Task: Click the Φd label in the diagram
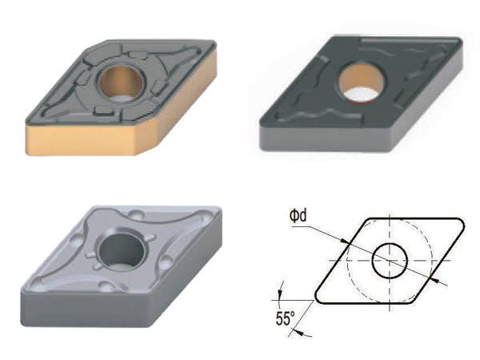298,216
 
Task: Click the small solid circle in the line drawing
390,261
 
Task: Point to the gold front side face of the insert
81,141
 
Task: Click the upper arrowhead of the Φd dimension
346,242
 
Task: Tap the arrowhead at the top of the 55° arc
279,294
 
